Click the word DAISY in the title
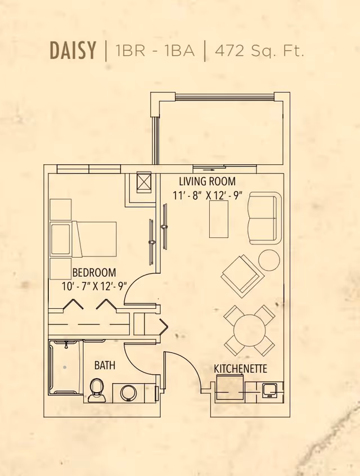[x=73, y=51]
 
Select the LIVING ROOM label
[x=207, y=182]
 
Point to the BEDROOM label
[x=94, y=273]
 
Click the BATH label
[x=105, y=366]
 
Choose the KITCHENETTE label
[x=240, y=369]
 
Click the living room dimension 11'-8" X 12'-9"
[x=207, y=196]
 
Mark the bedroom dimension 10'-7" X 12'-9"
[x=94, y=286]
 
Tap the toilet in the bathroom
[x=97, y=390]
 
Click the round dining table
[x=249, y=330]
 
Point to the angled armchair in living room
[x=241, y=275]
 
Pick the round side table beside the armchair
[x=269, y=260]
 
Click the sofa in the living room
[x=264, y=218]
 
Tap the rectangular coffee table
[x=219, y=219]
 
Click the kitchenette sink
[x=269, y=389]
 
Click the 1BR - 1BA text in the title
[x=155, y=51]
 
